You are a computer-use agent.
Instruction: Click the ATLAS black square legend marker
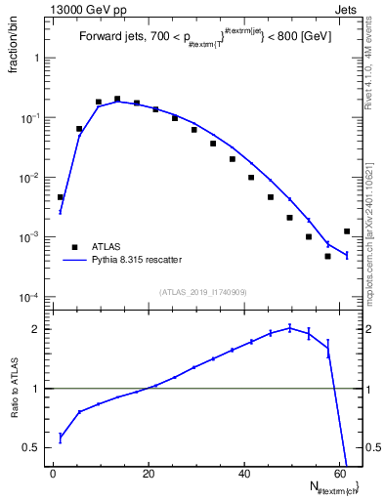tap(71, 246)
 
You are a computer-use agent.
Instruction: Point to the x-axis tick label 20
tap(149, 472)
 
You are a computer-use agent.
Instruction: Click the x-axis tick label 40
tap(244, 472)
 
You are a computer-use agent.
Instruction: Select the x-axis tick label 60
tap(340, 472)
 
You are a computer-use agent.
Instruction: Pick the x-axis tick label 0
tap(54, 472)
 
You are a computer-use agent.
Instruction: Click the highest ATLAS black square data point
tap(117, 99)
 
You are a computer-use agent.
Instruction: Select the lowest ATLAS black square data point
tap(327, 256)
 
